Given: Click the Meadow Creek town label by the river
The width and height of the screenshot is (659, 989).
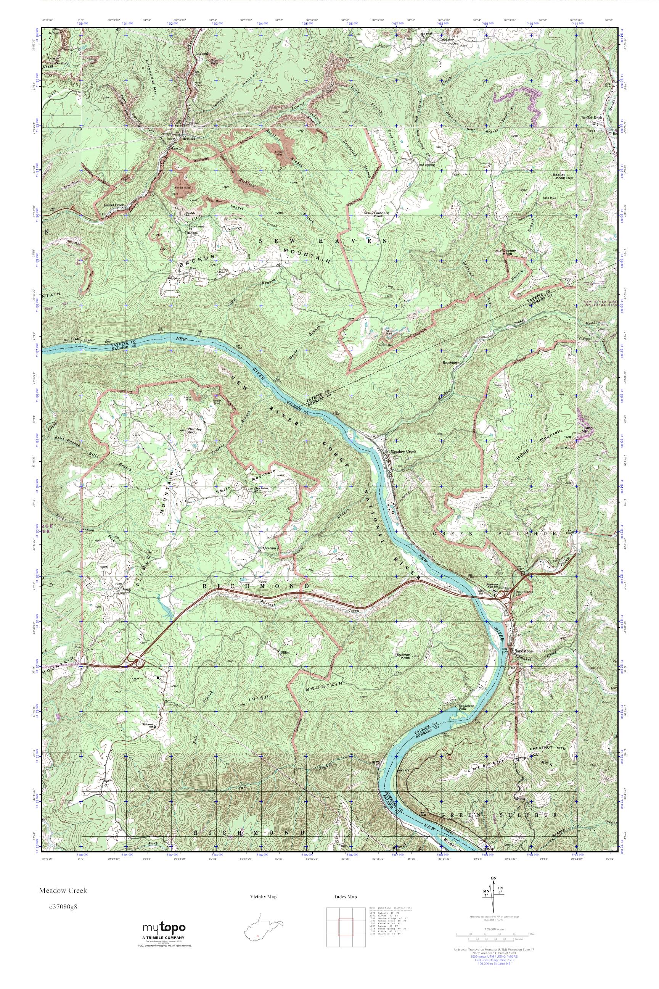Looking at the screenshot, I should [403, 452].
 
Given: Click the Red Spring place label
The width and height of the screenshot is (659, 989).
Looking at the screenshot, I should [427, 165].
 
